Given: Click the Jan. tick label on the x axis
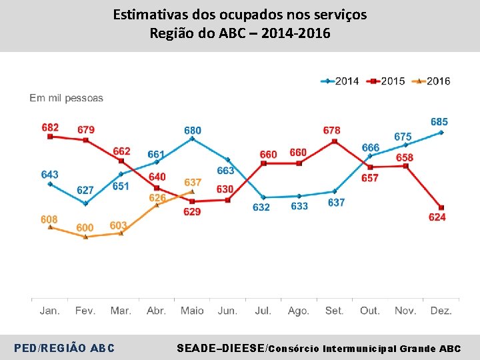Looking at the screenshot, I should click(x=50, y=311).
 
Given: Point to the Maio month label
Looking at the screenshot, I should click(x=192, y=311).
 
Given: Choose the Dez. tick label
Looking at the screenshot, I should click(x=441, y=311).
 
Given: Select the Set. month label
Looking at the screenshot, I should click(x=334, y=311).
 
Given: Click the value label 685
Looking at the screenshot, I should click(x=439, y=122).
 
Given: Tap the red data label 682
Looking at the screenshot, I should click(x=50, y=127).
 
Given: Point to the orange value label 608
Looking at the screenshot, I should click(x=49, y=219).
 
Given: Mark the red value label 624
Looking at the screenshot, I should click(x=437, y=217).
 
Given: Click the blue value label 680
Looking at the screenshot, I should click(x=193, y=130).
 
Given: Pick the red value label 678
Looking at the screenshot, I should click(x=331, y=131).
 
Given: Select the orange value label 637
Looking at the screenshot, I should click(x=193, y=182).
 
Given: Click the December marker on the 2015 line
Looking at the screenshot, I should click(x=441, y=207).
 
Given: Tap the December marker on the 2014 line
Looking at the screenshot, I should click(x=441, y=133).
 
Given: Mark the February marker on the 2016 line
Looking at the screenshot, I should click(x=85, y=237).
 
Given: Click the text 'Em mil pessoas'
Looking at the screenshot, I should click(x=67, y=98).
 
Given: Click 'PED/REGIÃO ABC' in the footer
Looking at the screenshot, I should click(x=64, y=348).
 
